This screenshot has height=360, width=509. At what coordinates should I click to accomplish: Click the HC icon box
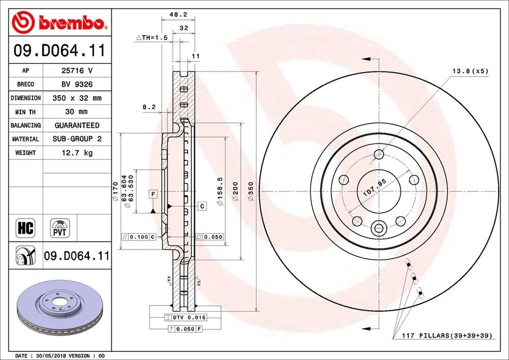click(x=26, y=227)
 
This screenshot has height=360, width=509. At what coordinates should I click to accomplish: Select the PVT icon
click(x=60, y=227)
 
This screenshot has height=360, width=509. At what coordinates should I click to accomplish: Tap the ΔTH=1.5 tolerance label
click(x=151, y=38)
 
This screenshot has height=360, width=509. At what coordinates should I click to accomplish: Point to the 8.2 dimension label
click(x=149, y=107)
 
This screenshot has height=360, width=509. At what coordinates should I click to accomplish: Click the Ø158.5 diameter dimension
click(x=220, y=191)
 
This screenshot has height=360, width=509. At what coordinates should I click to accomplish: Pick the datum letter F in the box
click(x=153, y=193)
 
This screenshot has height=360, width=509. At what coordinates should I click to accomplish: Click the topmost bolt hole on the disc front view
click(x=379, y=154)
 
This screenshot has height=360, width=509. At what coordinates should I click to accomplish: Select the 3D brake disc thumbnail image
click(x=60, y=303)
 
